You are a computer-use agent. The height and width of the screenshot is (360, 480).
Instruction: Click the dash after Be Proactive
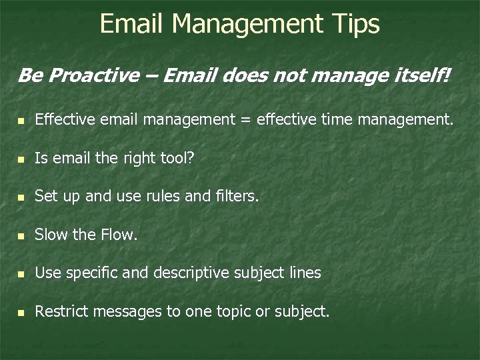tap(153, 76)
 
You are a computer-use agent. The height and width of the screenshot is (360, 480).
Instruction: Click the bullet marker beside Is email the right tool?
tap(22, 159)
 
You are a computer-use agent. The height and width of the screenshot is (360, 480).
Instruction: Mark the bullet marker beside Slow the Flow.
tap(22, 235)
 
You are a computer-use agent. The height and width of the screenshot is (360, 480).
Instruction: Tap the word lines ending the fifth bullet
tap(304, 273)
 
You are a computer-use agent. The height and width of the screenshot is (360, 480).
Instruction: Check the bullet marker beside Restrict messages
tap(22, 311)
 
